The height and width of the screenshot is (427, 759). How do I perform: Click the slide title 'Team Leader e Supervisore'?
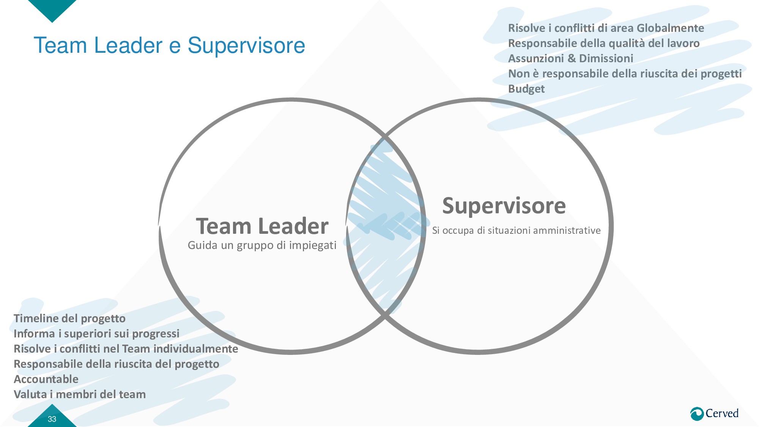point(169,46)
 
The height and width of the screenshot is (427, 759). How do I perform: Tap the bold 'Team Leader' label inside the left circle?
point(262,226)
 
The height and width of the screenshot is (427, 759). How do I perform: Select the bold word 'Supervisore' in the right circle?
point(504,206)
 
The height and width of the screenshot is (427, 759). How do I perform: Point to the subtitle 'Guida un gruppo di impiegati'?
point(262,246)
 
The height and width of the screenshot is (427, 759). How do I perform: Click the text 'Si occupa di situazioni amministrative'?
point(516,230)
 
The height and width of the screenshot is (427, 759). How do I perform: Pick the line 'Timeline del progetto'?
point(69,318)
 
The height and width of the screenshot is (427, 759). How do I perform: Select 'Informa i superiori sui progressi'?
point(96,334)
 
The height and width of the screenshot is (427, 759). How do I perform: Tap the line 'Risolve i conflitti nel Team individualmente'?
point(126,349)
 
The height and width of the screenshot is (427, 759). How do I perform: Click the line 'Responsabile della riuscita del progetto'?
point(116,364)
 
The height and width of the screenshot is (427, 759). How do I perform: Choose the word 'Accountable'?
point(46,379)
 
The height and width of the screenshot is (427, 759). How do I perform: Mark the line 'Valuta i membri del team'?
point(80,394)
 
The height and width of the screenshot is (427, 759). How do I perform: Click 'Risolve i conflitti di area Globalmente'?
point(606,28)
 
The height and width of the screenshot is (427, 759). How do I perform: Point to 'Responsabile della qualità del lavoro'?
point(603,43)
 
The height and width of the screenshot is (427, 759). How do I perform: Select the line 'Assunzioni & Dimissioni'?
point(570,58)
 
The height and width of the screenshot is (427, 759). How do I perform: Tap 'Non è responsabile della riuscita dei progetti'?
point(625,74)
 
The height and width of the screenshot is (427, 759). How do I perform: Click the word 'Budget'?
point(526,89)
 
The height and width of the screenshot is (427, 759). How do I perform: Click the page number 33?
point(52,419)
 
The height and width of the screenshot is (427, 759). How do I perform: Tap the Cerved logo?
point(714,413)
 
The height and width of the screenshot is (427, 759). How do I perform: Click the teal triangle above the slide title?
point(52,8)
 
